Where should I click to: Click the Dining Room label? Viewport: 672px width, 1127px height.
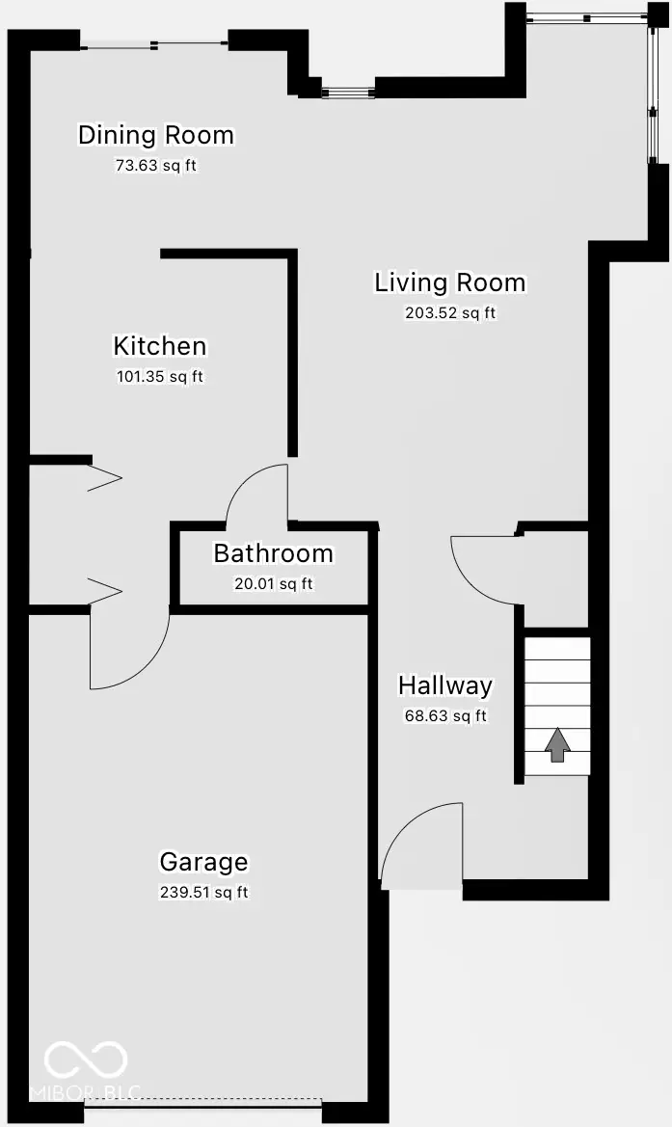156,135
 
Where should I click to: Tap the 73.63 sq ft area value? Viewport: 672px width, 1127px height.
156,165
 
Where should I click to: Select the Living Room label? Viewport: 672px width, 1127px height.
450,282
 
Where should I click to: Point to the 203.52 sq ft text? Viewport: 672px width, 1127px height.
450,312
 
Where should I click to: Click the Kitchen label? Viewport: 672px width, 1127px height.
160,346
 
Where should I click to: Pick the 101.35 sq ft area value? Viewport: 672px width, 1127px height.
160,376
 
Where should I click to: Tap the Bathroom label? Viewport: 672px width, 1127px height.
273,553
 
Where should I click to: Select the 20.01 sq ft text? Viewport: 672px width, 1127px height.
273,583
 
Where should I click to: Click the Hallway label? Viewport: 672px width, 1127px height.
445,685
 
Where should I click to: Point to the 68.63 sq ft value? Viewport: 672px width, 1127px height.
445,715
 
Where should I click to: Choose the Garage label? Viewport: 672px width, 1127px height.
203,862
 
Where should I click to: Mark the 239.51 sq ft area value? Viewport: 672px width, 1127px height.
203,892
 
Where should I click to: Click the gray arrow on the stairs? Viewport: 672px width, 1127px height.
557,745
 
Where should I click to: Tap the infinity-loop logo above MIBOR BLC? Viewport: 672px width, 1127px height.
86,1060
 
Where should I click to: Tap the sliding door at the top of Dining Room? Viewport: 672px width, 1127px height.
154,42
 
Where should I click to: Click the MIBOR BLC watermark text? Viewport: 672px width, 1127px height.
86,1092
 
